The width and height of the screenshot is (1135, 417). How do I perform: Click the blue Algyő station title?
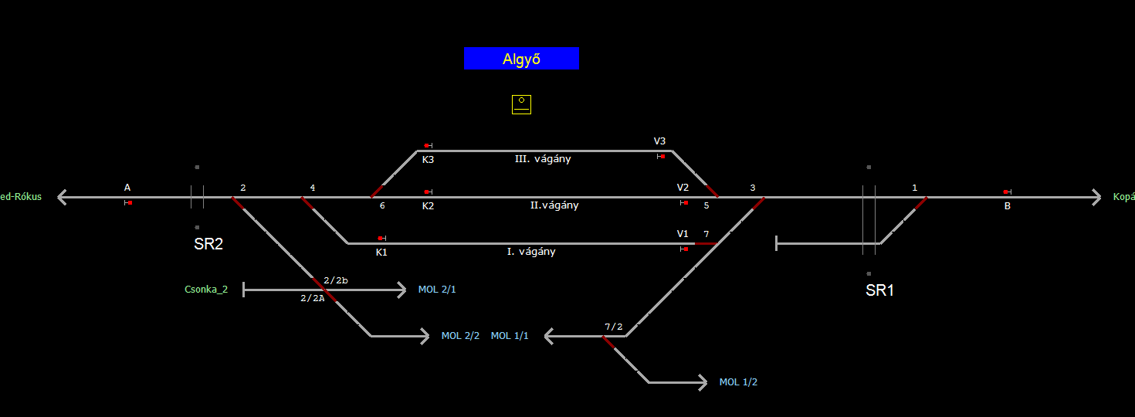521,59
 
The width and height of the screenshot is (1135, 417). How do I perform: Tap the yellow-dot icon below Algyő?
521,104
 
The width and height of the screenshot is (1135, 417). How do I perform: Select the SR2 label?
208,244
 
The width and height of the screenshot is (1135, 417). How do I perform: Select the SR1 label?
879,290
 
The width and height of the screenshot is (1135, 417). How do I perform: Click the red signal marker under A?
130,202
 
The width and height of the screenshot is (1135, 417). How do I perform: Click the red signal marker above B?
1006,192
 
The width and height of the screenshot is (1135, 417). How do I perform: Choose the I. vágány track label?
530,252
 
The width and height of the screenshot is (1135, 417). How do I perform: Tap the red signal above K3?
427,145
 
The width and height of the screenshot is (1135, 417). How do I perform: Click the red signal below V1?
685,249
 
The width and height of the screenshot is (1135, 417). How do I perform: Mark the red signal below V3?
662,156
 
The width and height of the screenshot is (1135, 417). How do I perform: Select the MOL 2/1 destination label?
437,290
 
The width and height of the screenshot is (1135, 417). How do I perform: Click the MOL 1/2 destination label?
738,382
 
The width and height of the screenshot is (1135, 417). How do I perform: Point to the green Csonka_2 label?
206,290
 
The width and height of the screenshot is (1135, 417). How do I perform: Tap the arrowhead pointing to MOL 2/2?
424,336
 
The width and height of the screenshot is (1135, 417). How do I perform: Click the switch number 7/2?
613,327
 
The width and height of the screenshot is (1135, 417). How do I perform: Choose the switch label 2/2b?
336,280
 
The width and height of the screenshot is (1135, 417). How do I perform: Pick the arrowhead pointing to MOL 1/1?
549,336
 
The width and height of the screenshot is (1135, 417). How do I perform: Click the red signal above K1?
381,238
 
